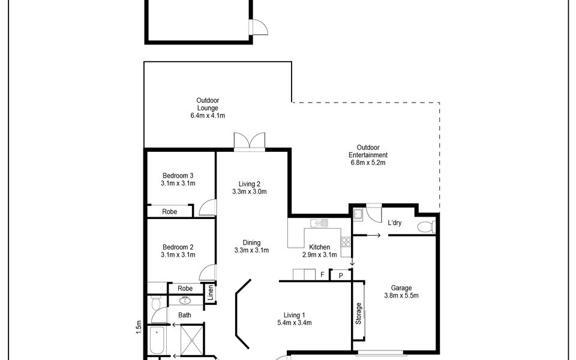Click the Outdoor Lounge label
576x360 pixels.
[x=208, y=104]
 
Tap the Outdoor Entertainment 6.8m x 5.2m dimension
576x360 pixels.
[x=368, y=163]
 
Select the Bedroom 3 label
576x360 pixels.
[x=178, y=176]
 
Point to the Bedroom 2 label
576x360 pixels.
[x=178, y=247]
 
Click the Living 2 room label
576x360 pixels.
[x=250, y=184]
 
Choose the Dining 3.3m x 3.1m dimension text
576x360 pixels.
[x=251, y=251]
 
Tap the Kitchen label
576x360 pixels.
[x=320, y=247]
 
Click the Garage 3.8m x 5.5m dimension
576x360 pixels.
[x=401, y=295]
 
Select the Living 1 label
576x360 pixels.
[x=294, y=315]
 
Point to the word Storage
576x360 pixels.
[x=359, y=313]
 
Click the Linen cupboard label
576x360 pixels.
[x=211, y=293]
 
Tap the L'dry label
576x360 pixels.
[x=395, y=223]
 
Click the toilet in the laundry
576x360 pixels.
[x=426, y=226]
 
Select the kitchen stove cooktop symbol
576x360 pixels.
[x=346, y=242]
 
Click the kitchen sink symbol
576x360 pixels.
[x=319, y=223]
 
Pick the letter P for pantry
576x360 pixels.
[x=341, y=275]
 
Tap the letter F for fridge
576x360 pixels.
[x=322, y=274]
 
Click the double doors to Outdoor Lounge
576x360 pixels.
[x=250, y=142]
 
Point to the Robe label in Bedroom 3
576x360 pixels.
[x=169, y=212]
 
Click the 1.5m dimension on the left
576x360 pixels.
[x=139, y=327]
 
